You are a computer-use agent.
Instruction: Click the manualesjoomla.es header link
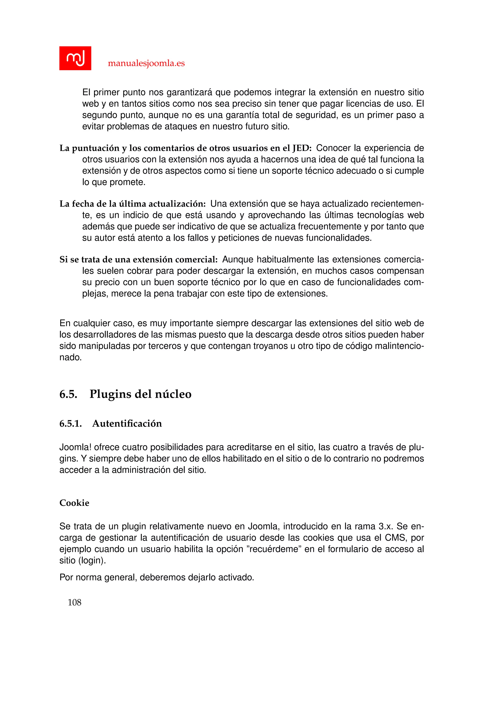146,63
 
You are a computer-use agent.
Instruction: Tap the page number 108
74,602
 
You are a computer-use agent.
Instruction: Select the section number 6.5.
68,394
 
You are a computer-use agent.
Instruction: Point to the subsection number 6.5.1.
71,423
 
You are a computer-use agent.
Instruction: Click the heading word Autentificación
127,423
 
